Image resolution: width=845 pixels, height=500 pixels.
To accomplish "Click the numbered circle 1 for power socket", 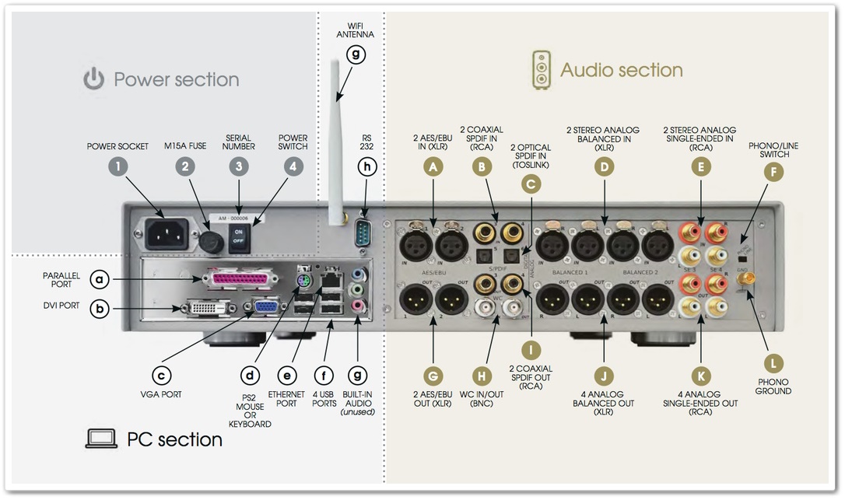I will tap(117, 166).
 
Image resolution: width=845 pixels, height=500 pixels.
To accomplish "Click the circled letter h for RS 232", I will tap(367, 166).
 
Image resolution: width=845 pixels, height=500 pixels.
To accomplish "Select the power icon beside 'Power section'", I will tap(94, 79).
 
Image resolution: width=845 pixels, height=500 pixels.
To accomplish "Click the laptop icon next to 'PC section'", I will tap(101, 439).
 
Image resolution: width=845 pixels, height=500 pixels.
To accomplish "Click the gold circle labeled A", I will tap(434, 166).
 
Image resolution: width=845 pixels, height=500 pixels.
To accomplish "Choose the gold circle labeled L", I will tap(773, 362).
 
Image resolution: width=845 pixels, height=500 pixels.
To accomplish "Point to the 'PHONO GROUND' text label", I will tap(773, 386).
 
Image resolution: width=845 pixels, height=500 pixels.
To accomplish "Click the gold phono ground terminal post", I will tap(752, 278).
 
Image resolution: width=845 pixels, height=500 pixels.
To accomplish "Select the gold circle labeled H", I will tap(483, 376).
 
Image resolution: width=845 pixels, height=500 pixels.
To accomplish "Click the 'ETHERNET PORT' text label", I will tap(286, 399).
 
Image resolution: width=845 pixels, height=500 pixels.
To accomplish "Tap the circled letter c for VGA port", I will tap(161, 376).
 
